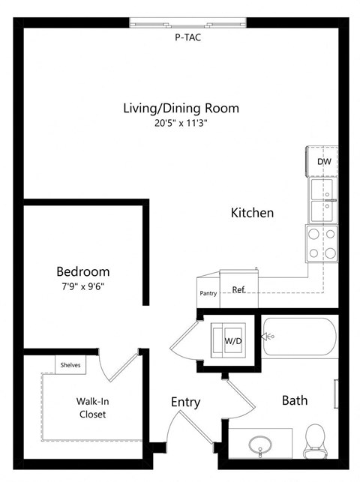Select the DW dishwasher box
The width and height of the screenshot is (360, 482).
[323, 161]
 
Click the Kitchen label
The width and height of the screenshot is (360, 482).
[251, 213]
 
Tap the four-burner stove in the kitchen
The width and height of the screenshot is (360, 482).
[322, 244]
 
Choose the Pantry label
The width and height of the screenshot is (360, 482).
[208, 293]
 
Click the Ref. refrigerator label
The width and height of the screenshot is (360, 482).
[239, 289]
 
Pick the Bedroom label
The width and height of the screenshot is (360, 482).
[83, 271]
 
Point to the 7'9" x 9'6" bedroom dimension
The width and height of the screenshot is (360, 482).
[83, 286]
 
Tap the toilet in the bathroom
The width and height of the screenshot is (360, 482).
[315, 439]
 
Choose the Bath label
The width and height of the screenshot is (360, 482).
[294, 400]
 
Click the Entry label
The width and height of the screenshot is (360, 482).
[185, 403]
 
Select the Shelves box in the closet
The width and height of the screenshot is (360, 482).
[71, 365]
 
